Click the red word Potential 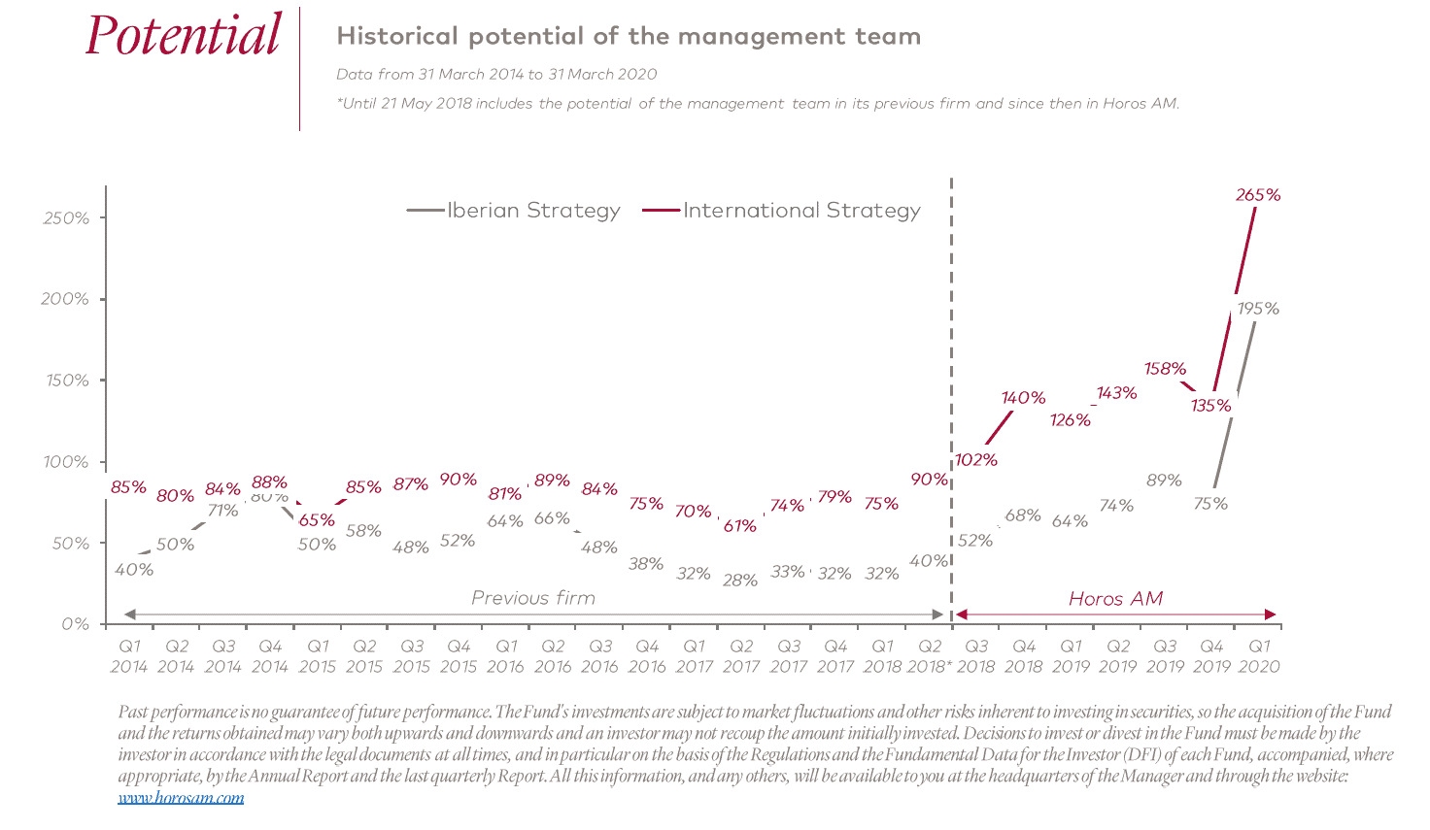click(x=183, y=36)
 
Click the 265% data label click(x=1258, y=195)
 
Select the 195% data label click(x=1258, y=309)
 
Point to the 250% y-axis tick click(x=66, y=218)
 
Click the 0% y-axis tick click(x=75, y=624)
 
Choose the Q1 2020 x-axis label click(x=1259, y=656)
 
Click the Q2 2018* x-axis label click(x=930, y=656)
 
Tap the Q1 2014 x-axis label click(x=129, y=656)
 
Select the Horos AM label click(x=1115, y=599)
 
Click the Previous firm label click(x=533, y=598)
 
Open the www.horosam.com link click(x=181, y=798)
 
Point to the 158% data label click(x=1165, y=369)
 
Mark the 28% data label click(x=740, y=581)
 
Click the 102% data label click(x=976, y=460)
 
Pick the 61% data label click(x=740, y=526)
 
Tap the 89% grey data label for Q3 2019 click(x=1164, y=481)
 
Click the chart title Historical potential click(x=629, y=37)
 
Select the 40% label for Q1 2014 click(x=134, y=570)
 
